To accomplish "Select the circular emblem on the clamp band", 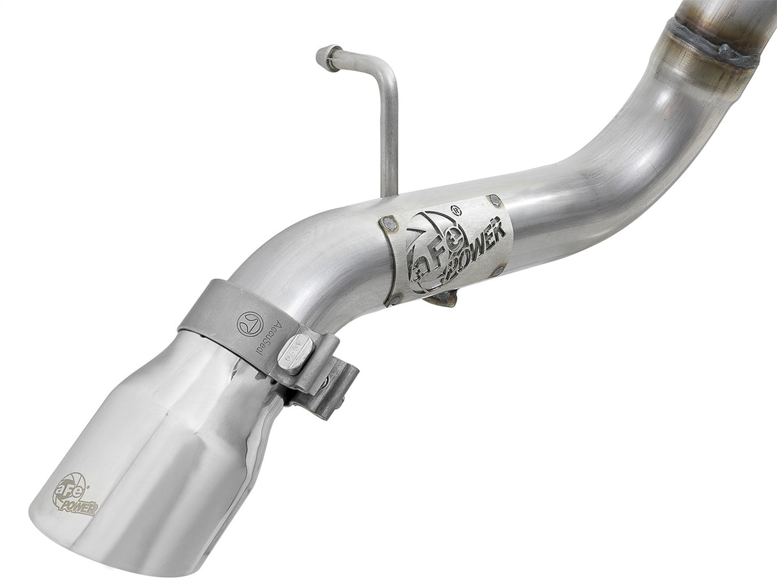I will pyautogui.click(x=250, y=323).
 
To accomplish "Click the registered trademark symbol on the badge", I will pyautogui.click(x=456, y=209).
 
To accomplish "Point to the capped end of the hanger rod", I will pyautogui.click(x=327, y=56).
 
